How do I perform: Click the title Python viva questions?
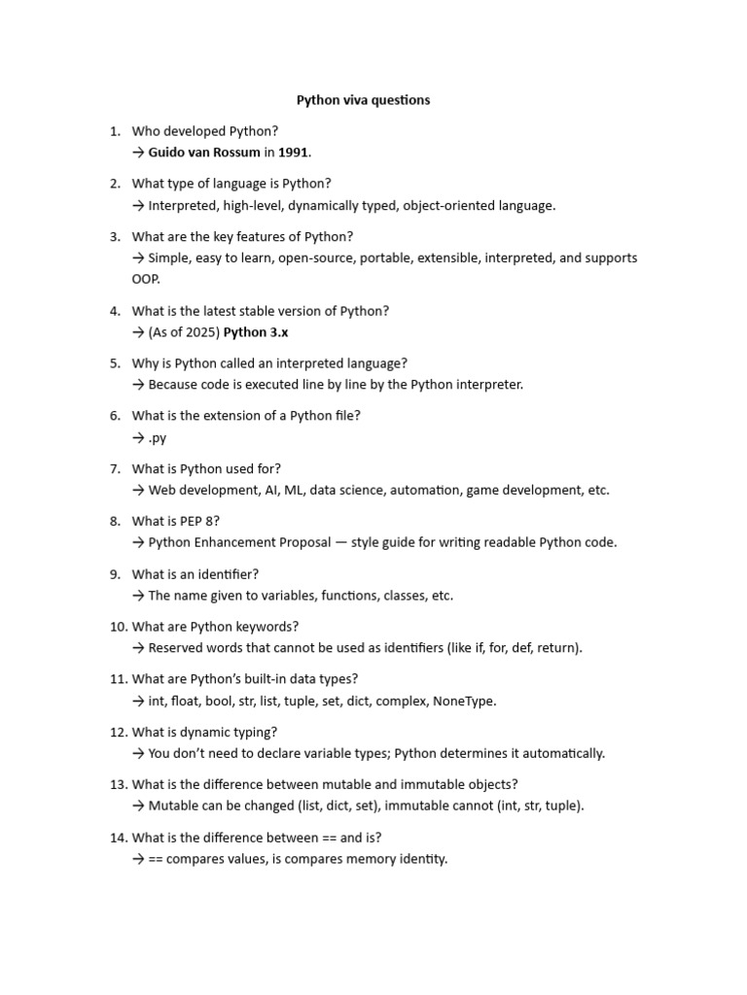363,100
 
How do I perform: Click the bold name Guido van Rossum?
204,153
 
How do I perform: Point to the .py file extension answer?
158,438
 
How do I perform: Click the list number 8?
115,521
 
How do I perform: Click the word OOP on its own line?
146,279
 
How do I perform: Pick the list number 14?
118,838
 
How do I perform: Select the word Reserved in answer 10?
176,648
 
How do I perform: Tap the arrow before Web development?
138,491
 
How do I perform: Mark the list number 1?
115,130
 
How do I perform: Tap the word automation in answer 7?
425,490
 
